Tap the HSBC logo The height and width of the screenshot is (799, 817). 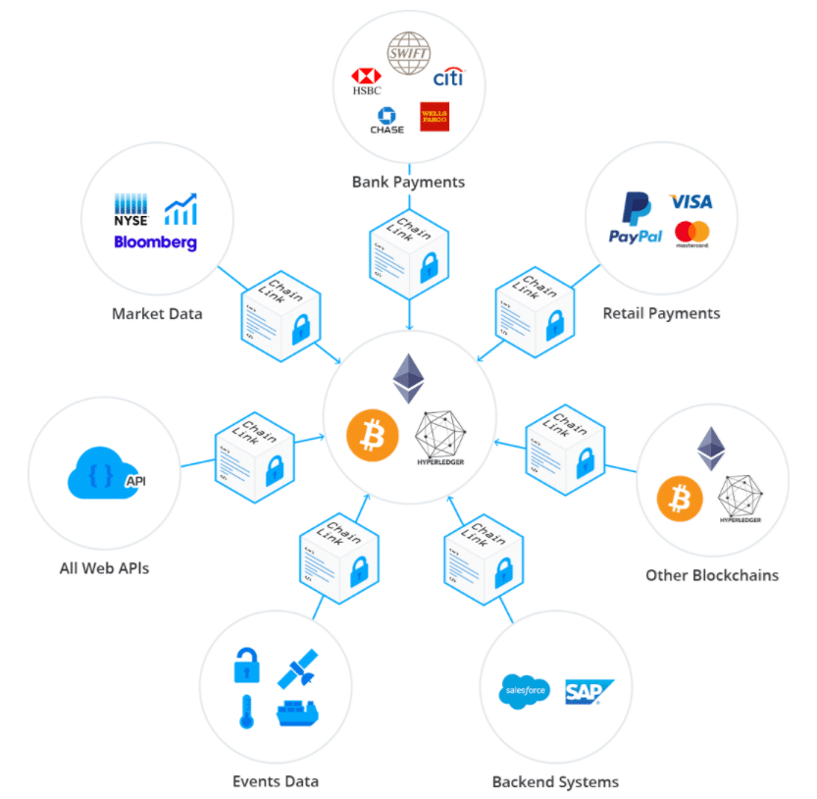366,80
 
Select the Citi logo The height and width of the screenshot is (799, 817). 447,77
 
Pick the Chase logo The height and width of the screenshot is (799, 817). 385,121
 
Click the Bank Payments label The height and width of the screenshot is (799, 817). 408,182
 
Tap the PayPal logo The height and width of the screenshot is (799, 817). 636,218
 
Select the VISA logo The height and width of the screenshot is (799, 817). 690,201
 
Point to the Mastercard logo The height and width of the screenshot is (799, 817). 691,235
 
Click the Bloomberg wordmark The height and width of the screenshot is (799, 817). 155,241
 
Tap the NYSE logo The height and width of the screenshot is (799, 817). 130,210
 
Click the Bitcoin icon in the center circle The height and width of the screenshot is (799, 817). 372,433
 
